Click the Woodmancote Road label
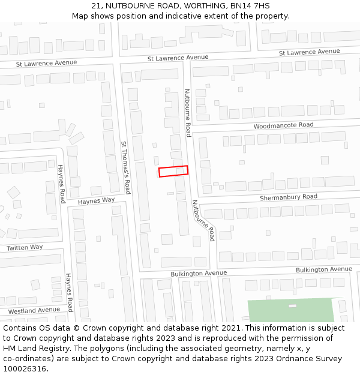[283, 125]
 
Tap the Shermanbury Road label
[288, 197]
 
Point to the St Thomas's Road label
[125, 167]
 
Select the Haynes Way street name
[96, 200]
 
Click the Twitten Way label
[25, 247]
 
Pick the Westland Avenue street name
[34, 310]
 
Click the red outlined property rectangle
[173, 171]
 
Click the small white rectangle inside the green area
[292, 306]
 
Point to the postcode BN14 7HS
[250, 6]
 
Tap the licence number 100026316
[25, 369]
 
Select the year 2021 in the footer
[231, 328]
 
